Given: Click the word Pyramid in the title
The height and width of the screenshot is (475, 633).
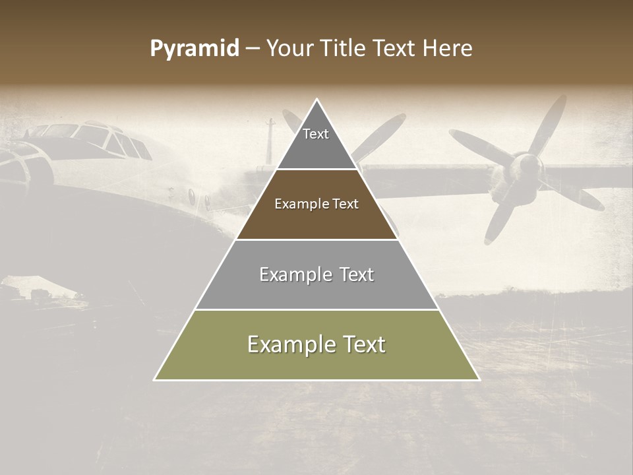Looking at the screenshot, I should (195, 49).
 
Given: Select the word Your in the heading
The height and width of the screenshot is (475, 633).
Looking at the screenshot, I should (289, 49).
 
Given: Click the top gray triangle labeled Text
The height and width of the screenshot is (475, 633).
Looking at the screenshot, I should (316, 142).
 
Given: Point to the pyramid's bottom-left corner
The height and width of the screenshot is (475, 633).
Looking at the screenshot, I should (155, 379).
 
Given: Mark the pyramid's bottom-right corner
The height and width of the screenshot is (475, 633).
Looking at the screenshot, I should (479, 379).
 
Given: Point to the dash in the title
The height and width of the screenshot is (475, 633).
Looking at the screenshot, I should (253, 49).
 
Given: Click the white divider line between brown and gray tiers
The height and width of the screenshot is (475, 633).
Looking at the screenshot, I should (316, 239).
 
